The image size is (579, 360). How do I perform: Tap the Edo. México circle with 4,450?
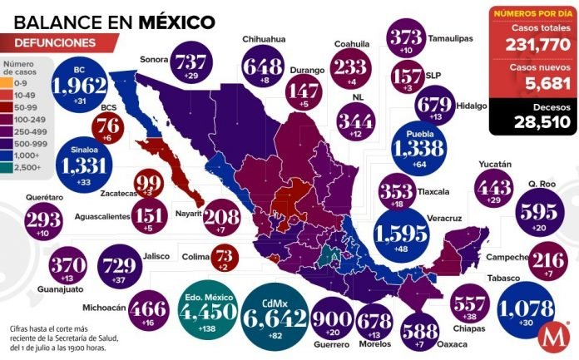(207, 316)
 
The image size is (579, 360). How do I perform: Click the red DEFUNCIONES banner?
(54, 42)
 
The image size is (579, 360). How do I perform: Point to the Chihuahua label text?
(265, 38)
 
